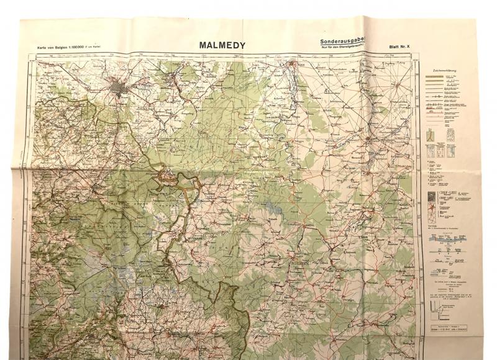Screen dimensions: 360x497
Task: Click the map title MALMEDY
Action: [x=222, y=45]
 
